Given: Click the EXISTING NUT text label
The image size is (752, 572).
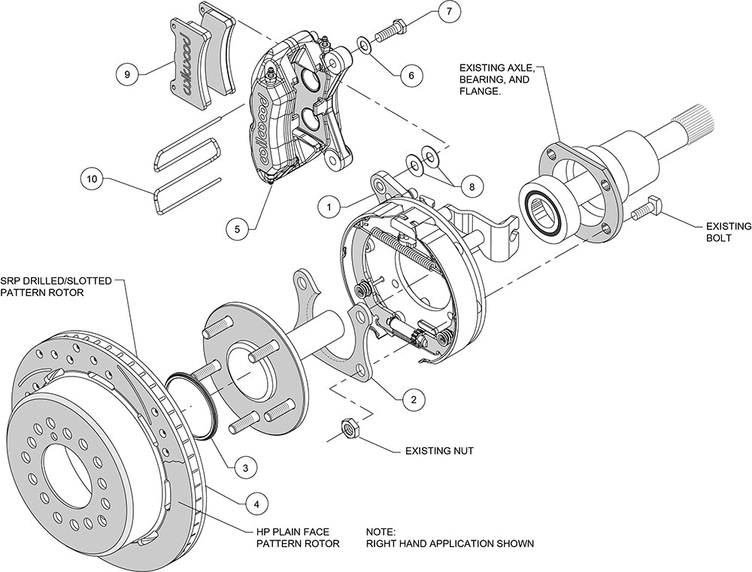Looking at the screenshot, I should [x=439, y=452].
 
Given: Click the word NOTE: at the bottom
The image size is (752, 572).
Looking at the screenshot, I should [x=380, y=530].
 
